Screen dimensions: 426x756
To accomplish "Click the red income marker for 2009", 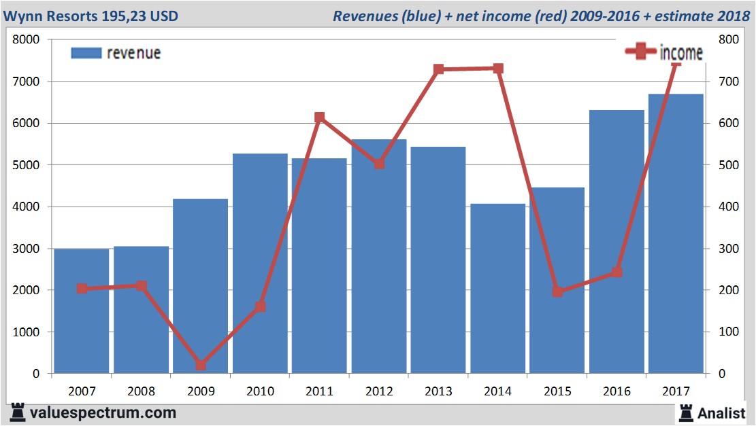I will coord(201,366).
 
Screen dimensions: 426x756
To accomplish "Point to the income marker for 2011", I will coord(320,118).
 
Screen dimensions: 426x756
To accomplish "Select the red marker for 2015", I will coord(558,291).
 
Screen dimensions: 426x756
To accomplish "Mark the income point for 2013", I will coord(438,69).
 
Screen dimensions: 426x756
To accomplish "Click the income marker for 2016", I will coord(617,272).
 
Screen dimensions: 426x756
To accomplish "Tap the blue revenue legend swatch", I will coord(86,53).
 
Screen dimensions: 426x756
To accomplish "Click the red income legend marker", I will coord(640,52).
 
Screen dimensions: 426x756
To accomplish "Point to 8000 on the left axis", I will coord(27,39).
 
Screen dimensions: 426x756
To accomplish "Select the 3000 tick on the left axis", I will coord(27,249).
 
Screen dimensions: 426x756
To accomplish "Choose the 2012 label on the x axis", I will coord(379,391).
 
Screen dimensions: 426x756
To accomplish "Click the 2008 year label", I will coord(142,391).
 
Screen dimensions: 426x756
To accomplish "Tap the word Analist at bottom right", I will coord(721,412).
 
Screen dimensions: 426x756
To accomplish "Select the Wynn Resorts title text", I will coord(91,15).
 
